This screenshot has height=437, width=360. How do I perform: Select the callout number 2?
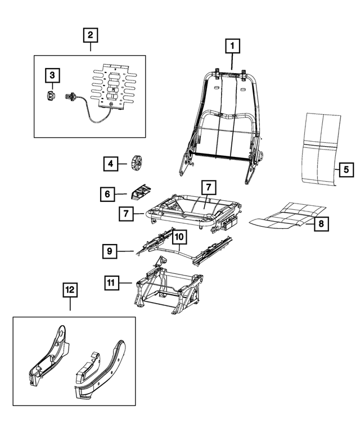pyautogui.click(x=89, y=35)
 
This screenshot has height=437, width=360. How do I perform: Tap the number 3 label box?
pyautogui.click(x=52, y=75)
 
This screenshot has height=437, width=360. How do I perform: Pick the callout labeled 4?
pyautogui.click(x=111, y=164)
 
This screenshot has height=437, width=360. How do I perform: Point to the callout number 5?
pyautogui.click(x=346, y=168)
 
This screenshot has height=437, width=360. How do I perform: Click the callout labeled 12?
pyautogui.click(x=70, y=290)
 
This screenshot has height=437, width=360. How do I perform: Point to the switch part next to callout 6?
pyautogui.click(x=141, y=192)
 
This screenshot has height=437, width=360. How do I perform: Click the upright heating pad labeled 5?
pyautogui.click(x=319, y=149)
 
